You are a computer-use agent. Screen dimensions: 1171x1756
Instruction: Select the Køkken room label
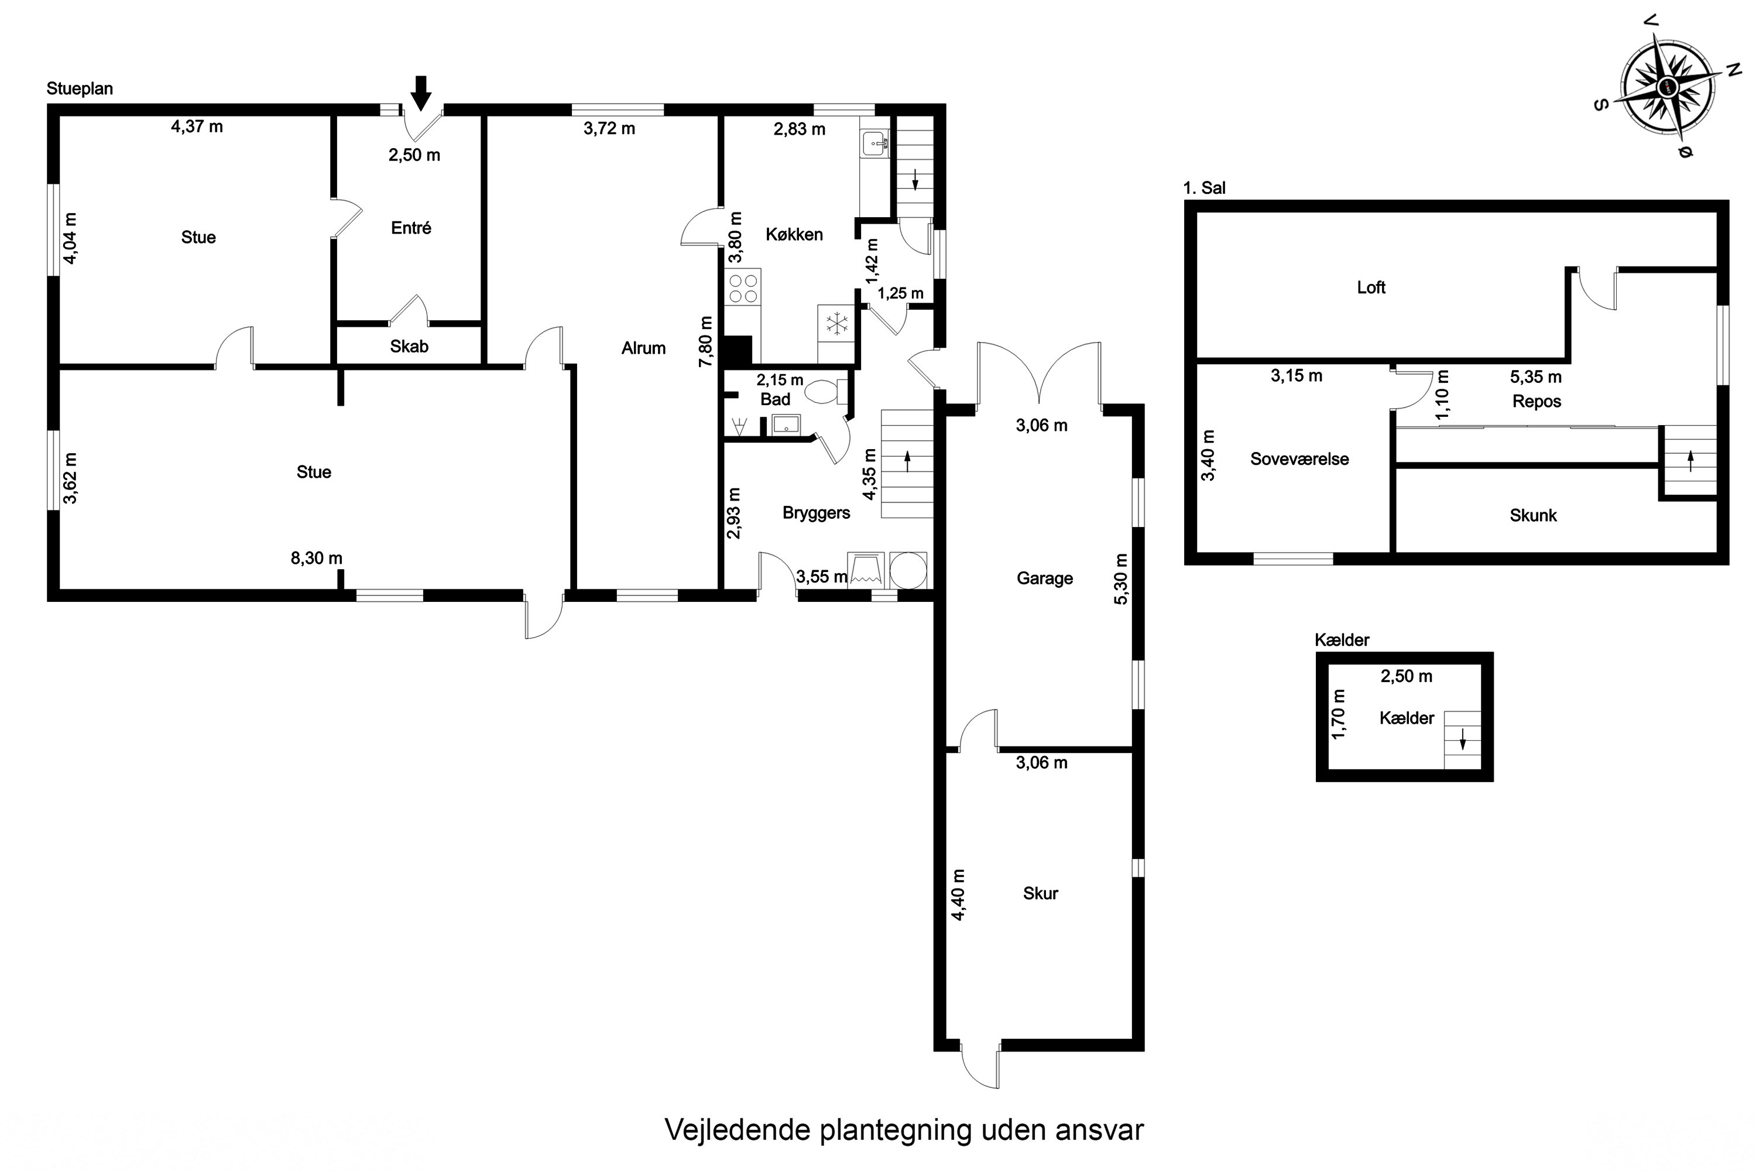(794, 235)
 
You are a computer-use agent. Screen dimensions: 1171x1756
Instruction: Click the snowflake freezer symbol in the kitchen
(836, 323)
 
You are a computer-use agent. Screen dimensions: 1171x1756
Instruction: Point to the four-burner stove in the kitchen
(743, 288)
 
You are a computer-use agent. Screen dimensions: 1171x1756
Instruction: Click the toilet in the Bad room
(824, 391)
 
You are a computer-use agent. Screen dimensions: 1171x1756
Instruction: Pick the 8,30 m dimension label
(317, 558)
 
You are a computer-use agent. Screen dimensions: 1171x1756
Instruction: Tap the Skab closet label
(409, 347)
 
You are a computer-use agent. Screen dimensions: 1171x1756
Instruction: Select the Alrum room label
(643, 348)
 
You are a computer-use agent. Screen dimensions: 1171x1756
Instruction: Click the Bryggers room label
(816, 513)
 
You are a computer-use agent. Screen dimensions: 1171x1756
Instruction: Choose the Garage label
(1044, 578)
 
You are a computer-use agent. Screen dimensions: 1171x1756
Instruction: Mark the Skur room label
(1040, 893)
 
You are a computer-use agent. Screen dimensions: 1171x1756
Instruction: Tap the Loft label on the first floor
(1371, 287)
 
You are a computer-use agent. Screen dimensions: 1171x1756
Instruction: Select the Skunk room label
(1533, 515)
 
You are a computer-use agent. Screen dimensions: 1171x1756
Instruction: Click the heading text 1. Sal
(1203, 188)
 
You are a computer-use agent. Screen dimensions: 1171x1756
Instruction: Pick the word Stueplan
(79, 89)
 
